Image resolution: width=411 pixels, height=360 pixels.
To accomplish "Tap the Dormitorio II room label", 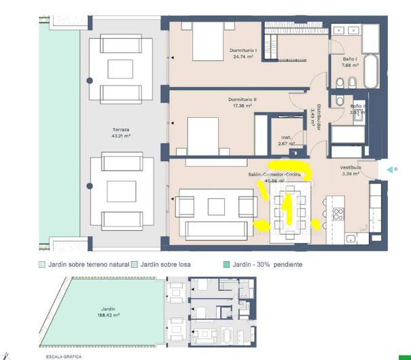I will (240, 102).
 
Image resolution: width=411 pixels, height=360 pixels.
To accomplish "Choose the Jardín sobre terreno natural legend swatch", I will (42, 265).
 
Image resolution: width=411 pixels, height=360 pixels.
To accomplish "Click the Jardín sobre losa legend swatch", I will (135, 265).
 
